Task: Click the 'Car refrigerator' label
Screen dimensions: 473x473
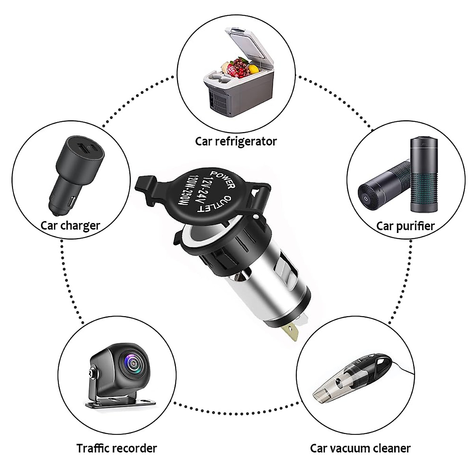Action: click(236, 141)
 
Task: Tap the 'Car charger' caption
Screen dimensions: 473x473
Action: click(70, 225)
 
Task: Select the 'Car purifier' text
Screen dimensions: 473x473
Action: click(405, 226)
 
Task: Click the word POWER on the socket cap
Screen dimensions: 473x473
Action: click(223, 179)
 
